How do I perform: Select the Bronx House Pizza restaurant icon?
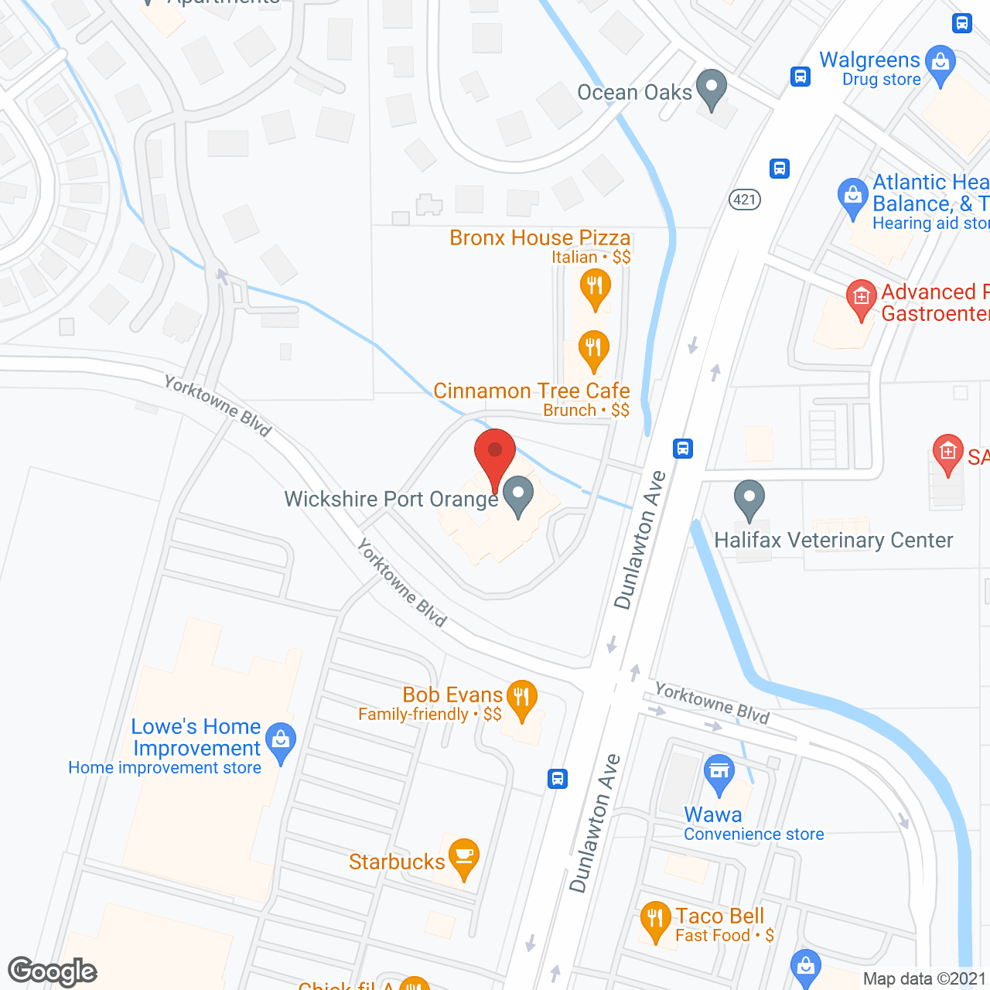click(595, 287)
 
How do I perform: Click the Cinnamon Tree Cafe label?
click(531, 391)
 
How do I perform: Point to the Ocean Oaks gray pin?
click(712, 87)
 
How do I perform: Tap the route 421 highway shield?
click(745, 200)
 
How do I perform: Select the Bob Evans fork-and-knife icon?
click(522, 698)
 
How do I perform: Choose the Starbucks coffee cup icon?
click(463, 856)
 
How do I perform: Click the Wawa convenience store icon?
click(719, 772)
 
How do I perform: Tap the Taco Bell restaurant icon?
click(655, 920)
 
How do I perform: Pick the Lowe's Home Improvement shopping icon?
click(281, 741)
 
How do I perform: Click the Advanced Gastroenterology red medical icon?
click(861, 298)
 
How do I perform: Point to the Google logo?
click(53, 971)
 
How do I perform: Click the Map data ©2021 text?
click(924, 978)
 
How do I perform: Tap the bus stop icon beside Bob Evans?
click(558, 778)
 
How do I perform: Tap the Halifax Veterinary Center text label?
click(833, 540)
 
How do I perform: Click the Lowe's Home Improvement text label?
click(196, 737)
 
